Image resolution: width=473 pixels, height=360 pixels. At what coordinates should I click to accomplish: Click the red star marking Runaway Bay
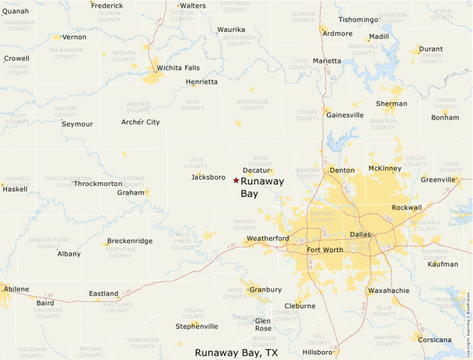pos(236,180)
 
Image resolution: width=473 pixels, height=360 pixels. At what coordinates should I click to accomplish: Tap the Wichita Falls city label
pos(178,68)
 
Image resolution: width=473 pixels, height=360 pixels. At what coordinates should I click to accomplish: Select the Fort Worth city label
pos(324,249)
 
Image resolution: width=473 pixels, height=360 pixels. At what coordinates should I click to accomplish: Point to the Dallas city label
pos(361,234)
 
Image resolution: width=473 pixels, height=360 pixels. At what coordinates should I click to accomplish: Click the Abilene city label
pos(17,289)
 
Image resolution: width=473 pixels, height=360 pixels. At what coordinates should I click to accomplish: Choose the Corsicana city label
pos(434,339)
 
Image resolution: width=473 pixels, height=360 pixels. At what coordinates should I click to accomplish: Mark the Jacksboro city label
pos(208,178)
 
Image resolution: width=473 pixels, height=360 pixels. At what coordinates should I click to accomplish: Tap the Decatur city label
pos(255,170)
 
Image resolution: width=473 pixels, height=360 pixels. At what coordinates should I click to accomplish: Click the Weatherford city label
pos(268,238)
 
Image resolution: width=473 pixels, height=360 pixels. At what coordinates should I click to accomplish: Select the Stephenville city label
pos(196,326)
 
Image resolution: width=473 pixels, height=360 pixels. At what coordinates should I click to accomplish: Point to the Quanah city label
pos(15,11)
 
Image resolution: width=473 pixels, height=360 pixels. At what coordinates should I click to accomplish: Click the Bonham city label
pos(445,117)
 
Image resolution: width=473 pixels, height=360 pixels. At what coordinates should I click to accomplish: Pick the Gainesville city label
pos(344,115)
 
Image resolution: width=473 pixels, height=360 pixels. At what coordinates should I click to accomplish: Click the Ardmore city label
pos(337,33)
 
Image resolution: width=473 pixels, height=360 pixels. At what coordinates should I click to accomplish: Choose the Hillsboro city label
pos(317,352)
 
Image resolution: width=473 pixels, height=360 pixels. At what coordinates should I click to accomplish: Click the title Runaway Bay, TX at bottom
pos(236,352)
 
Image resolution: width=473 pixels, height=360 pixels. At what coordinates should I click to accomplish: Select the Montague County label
pos(252,104)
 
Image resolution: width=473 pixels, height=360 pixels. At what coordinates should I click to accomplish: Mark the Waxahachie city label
pos(389,291)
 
